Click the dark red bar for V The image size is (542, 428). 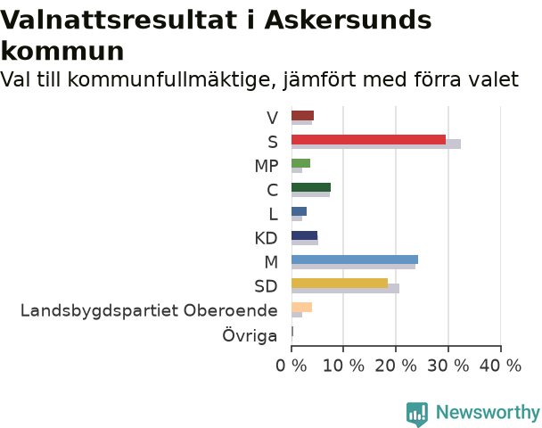tap(302, 115)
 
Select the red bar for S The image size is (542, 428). tap(368, 139)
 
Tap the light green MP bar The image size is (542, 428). tap(300, 163)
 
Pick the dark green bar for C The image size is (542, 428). tap(311, 187)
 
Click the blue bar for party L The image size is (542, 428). tap(299, 211)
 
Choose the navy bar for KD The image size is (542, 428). tap(304, 235)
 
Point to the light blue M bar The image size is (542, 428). tap(355, 259)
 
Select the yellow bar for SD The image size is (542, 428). tap(340, 284)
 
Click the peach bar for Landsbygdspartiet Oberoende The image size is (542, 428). tap(302, 307)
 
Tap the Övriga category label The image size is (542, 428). tap(250, 335)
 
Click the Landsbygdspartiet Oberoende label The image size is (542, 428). tap(149, 310)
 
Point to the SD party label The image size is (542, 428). tap(266, 286)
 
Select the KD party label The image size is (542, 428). tap(266, 238)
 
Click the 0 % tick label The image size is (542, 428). tap(291, 366)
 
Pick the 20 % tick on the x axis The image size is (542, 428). tap(396, 366)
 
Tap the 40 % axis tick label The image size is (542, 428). tap(500, 366)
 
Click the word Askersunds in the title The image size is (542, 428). tap(348, 20)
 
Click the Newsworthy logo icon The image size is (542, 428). tap(417, 414)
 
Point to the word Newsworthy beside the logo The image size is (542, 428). tap(488, 413)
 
